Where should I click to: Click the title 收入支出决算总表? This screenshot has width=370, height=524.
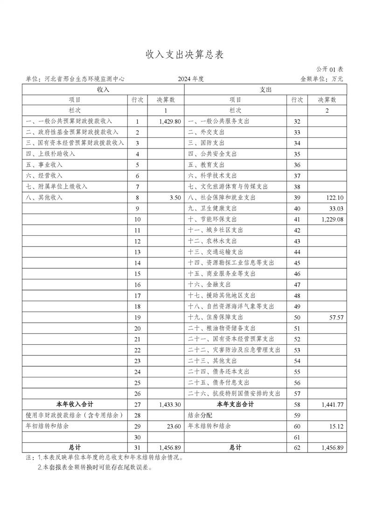185,55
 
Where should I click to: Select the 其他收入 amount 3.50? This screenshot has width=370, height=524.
175,198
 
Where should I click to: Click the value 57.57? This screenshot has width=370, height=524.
335,318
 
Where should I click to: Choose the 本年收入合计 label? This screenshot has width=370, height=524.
74,404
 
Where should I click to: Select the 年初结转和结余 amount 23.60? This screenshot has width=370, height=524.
173,426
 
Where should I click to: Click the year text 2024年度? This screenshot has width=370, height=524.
191,79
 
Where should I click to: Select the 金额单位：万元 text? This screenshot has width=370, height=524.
321,79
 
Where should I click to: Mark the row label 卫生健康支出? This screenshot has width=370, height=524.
212,208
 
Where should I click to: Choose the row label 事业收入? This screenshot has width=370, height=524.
44,165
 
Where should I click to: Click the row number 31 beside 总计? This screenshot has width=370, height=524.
137,448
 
